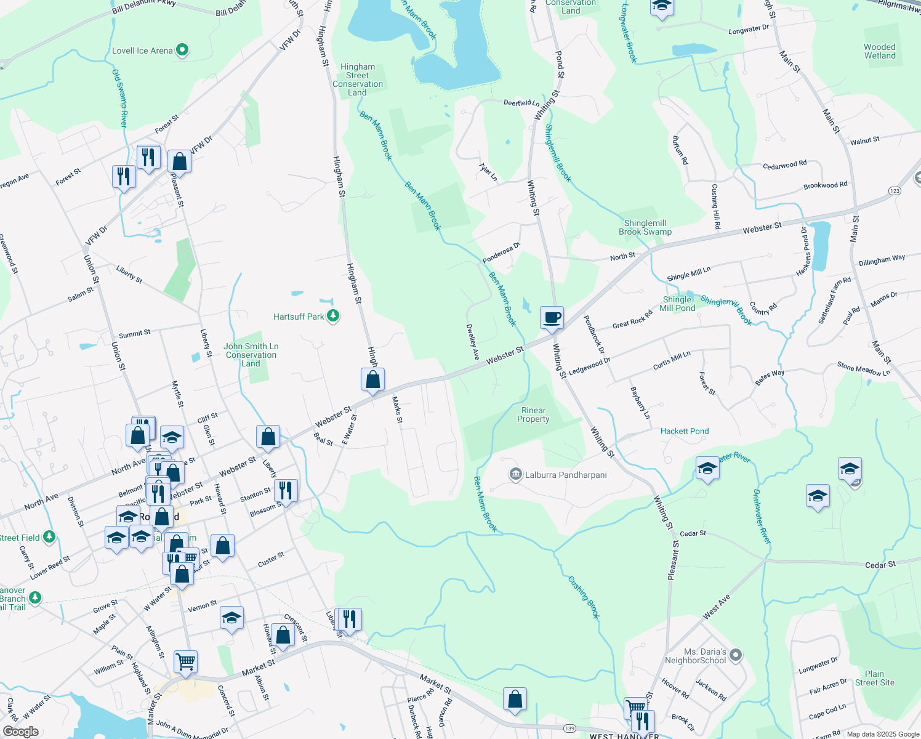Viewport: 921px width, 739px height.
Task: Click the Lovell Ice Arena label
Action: pos(142,50)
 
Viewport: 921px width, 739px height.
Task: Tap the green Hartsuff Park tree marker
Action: pos(333,316)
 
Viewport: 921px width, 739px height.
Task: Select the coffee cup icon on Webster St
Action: pos(552,318)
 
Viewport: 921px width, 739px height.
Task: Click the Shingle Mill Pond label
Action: pos(677,304)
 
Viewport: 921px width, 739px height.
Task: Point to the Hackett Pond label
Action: pos(685,431)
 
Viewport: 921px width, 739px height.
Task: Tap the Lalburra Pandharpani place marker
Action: pos(515,475)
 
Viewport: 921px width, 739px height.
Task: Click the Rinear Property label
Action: pos(533,414)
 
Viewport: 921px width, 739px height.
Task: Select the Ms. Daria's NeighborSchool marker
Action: pos(736,655)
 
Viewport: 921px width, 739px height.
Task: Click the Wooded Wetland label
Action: pos(880,51)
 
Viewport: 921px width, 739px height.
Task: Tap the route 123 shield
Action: pos(895,191)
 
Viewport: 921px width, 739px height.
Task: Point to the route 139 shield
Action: pos(569,729)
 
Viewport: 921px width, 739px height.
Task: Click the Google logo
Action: pos(21,731)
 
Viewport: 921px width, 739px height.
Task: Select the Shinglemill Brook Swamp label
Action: pos(645,227)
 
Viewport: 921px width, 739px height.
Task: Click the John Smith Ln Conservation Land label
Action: pos(251,355)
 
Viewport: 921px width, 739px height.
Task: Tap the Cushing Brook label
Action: pos(584,597)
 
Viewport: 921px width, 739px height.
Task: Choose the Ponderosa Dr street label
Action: pos(502,252)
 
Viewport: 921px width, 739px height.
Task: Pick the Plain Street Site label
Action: pos(874,678)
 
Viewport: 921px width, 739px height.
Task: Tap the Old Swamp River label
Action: pos(119,99)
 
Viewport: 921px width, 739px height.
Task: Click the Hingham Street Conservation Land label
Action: pos(358,79)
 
